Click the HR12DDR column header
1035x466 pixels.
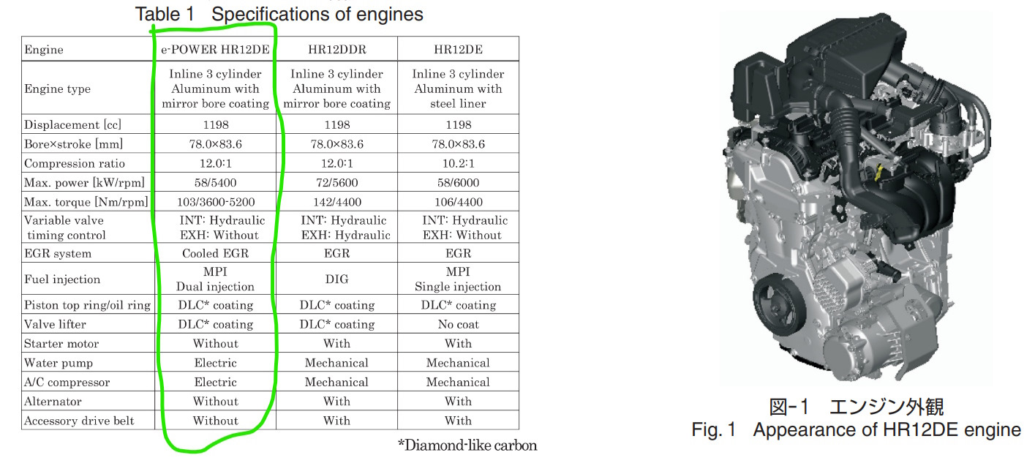click(336, 50)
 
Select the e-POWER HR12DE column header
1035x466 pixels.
click(215, 50)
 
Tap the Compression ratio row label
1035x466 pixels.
click(75, 163)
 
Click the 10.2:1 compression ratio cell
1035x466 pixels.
click(458, 163)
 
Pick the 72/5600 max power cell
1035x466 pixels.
click(336, 182)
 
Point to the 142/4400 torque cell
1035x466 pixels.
click(336, 202)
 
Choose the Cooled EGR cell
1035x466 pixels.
click(215, 253)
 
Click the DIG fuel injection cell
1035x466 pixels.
click(336, 279)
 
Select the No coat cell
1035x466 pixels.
click(458, 324)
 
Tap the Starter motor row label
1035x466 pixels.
click(61, 343)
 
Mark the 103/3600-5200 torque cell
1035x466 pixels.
click(215, 202)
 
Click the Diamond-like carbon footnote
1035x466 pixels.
click(467, 445)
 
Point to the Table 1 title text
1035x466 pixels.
click(279, 13)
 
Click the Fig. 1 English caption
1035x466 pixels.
click(856, 429)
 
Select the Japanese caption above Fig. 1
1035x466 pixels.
click(856, 407)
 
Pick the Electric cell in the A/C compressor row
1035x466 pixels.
click(215, 382)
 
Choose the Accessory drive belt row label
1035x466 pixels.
click(80, 421)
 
